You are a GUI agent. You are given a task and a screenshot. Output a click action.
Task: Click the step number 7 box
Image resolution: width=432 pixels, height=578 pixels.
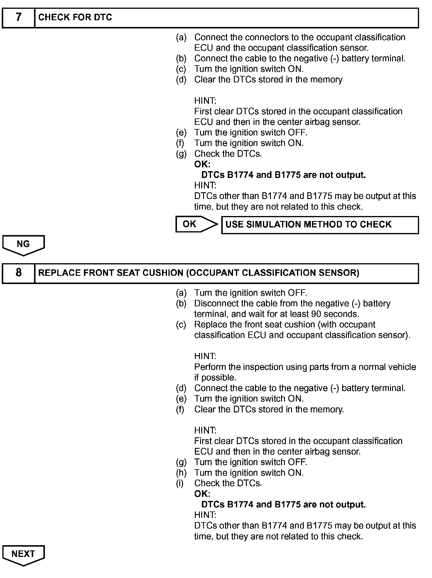pyautogui.click(x=18, y=18)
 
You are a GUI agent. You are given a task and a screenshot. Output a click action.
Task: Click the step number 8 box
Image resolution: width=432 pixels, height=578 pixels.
pyautogui.click(x=18, y=273)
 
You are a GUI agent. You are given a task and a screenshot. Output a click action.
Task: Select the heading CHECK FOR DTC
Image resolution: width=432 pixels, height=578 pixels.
pyautogui.click(x=75, y=18)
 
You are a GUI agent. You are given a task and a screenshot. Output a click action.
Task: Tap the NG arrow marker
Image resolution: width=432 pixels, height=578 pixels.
pyautogui.click(x=23, y=244)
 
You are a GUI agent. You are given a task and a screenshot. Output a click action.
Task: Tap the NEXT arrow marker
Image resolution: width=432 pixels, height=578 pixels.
pyautogui.click(x=23, y=554)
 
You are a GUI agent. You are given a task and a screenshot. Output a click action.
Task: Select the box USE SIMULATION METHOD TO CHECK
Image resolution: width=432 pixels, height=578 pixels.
pyautogui.click(x=320, y=225)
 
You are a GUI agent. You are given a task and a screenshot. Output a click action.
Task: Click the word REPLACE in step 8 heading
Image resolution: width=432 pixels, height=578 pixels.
pyautogui.click(x=60, y=273)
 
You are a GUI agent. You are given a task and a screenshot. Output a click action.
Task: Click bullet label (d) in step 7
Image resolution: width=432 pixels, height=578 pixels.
pyautogui.click(x=181, y=80)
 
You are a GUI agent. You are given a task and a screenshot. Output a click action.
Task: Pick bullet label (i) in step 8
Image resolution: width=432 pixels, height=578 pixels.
pyautogui.click(x=180, y=483)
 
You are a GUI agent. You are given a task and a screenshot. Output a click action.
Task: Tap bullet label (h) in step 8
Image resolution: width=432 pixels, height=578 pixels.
pyautogui.click(x=181, y=473)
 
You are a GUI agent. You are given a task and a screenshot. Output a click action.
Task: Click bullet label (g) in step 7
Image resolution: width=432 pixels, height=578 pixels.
pyautogui.click(x=181, y=154)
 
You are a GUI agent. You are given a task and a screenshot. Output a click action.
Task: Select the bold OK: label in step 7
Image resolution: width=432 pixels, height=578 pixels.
pyautogui.click(x=202, y=164)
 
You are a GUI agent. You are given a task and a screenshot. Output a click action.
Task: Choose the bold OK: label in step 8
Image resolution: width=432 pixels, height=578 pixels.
pyautogui.click(x=202, y=494)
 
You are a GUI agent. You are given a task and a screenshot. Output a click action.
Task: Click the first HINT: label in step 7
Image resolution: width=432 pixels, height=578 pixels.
pyautogui.click(x=205, y=101)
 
